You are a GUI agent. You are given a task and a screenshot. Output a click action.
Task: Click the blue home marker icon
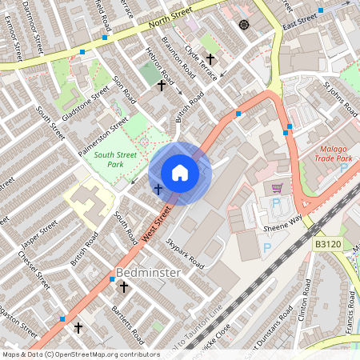click(x=180, y=173)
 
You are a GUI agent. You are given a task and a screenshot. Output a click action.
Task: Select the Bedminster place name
click(x=148, y=273)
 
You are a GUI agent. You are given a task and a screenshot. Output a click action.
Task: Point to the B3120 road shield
click(x=329, y=242)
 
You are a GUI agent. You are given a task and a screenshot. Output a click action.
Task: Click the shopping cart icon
click(x=277, y=188)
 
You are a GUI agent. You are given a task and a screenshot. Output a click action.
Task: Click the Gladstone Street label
click(x=85, y=105)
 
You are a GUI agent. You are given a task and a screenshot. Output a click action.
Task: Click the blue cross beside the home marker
click(x=158, y=189)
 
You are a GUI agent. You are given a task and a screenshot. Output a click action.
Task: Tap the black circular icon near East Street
click(x=244, y=25)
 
